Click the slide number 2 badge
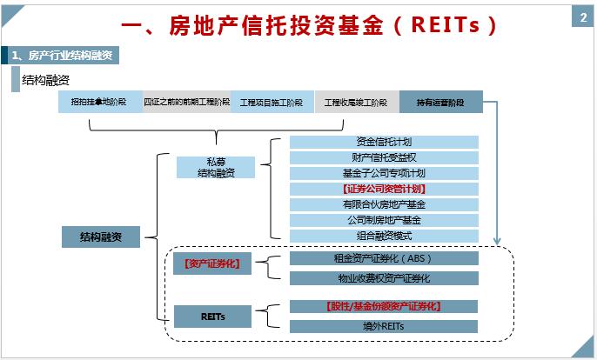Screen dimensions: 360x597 tap(582, 18)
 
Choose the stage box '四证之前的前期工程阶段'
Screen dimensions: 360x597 tap(186, 103)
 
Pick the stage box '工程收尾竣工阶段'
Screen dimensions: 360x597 tap(356, 103)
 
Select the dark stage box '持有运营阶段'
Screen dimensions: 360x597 tap(441, 103)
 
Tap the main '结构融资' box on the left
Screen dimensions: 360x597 tap(101, 237)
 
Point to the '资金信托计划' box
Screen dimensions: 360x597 tap(384, 142)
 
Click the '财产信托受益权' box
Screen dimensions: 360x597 tap(384, 157)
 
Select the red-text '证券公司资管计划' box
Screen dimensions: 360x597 tap(384, 189)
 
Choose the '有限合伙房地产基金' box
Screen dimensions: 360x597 tap(384, 204)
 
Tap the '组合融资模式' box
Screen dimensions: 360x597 tap(384, 236)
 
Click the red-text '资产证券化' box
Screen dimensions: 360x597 tap(212, 263)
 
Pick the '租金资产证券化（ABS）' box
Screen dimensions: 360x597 tap(384, 258)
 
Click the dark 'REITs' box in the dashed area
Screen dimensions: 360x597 tap(212, 317)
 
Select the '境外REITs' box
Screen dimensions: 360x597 tap(384, 326)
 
